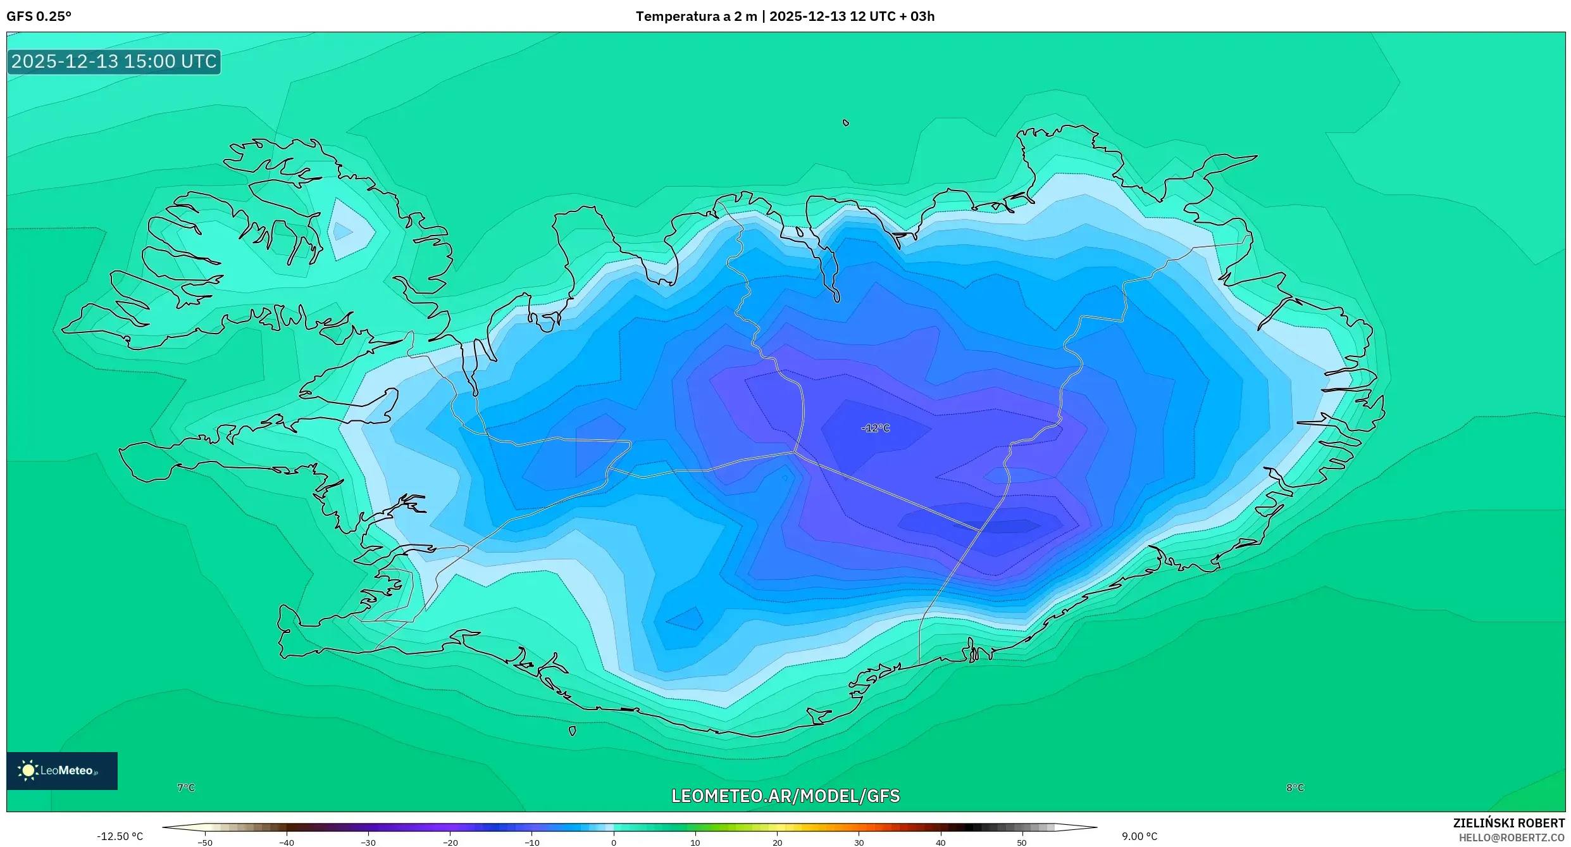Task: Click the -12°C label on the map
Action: pos(875,429)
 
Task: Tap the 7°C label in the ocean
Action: pos(186,787)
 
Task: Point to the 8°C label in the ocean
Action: pos(1295,787)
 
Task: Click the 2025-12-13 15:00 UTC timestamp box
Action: pos(114,61)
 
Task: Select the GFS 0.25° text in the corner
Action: pos(39,16)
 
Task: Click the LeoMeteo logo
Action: pos(61,770)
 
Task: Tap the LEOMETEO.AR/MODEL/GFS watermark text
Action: pos(785,796)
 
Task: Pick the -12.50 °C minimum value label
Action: pos(120,836)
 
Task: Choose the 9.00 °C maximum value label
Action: pos(1139,836)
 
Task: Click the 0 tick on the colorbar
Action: pos(613,843)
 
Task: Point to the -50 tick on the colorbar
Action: pos(204,843)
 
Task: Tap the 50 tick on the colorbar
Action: pos(1021,843)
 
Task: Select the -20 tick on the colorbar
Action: pos(449,843)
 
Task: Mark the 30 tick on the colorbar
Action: pos(859,843)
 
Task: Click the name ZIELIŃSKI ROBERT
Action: pos(1508,823)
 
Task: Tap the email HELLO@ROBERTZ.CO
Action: pos(1511,838)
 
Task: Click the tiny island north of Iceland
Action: pos(846,123)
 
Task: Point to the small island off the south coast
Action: pos(572,731)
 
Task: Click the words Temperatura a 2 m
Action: pos(696,16)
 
